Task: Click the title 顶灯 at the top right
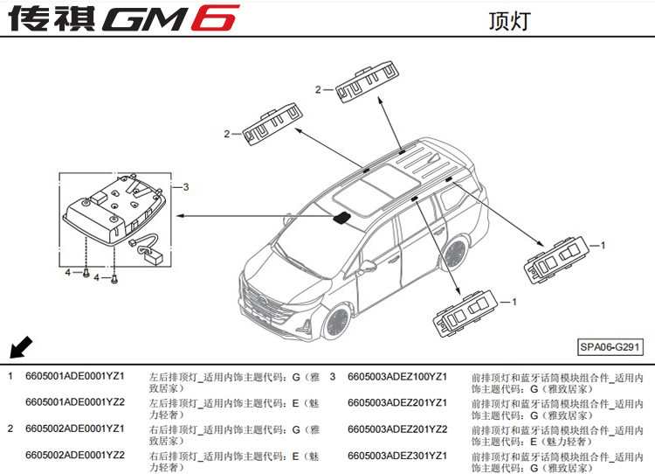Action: pyautogui.click(x=509, y=20)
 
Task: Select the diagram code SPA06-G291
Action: pyautogui.click(x=610, y=346)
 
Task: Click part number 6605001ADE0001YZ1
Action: pyautogui.click(x=75, y=376)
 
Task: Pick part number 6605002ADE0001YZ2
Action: pyautogui.click(x=75, y=455)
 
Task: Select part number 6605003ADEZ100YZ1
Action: pyautogui.click(x=397, y=376)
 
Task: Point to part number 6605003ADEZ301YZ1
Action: pyautogui.click(x=397, y=455)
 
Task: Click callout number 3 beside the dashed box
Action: pyautogui.click(x=185, y=186)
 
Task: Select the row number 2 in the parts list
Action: pyautogui.click(x=10, y=429)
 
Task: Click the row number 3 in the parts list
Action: pyautogui.click(x=333, y=376)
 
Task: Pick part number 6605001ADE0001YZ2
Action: pyautogui.click(x=75, y=402)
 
